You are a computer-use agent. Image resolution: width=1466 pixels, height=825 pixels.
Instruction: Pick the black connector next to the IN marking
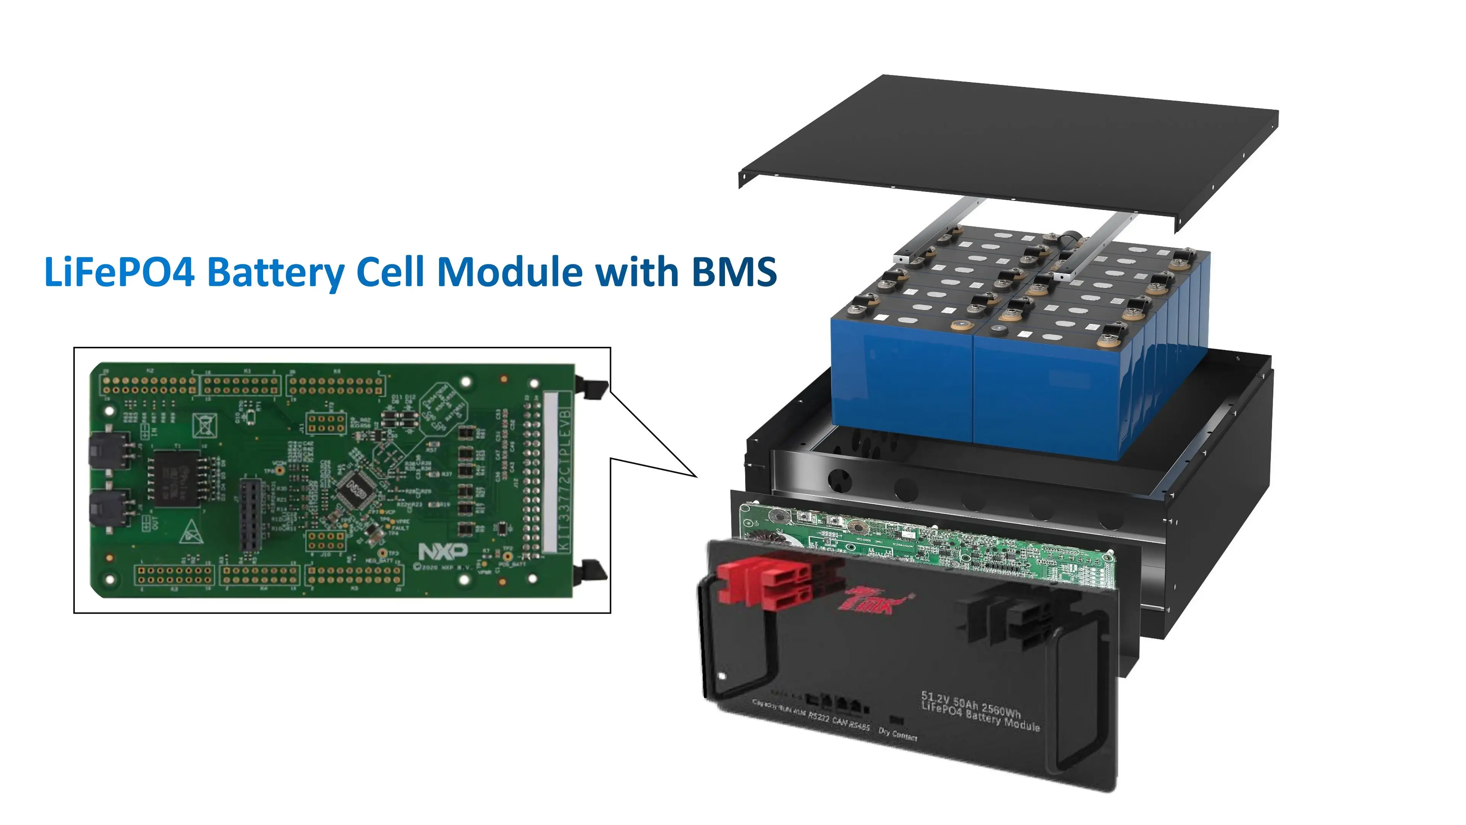[x=108, y=450]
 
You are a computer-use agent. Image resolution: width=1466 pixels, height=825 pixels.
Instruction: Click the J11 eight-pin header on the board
[x=326, y=423]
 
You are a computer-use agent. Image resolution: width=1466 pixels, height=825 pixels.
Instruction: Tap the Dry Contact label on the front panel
[x=898, y=734]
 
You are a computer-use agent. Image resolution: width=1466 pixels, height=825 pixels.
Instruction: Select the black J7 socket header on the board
[x=251, y=515]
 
